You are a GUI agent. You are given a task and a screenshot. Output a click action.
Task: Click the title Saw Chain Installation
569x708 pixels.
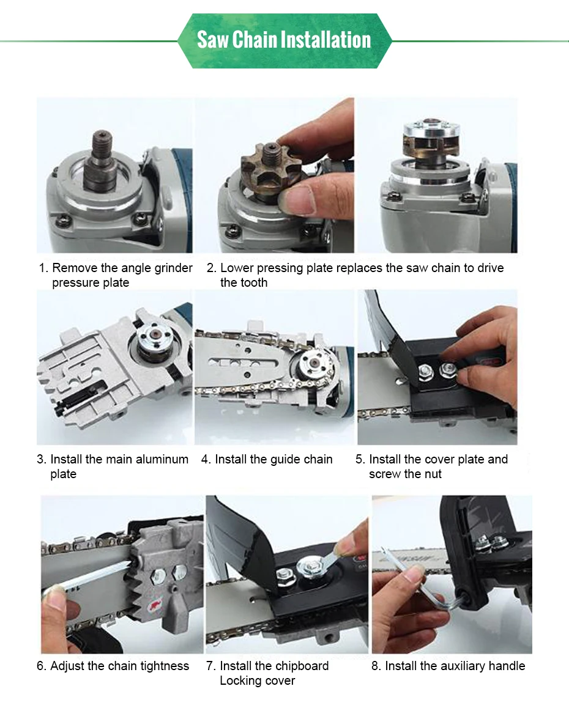[284, 40]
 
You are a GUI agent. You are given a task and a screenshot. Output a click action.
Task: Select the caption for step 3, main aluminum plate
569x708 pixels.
[113, 466]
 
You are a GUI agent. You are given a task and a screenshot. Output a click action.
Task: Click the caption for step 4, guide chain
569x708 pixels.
[267, 459]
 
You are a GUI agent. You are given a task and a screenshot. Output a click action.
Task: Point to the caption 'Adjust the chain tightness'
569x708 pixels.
[113, 666]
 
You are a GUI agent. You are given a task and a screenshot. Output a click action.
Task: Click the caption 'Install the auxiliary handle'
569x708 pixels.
[448, 666]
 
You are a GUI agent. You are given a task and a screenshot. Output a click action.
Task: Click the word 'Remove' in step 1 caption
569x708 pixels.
[75, 268]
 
